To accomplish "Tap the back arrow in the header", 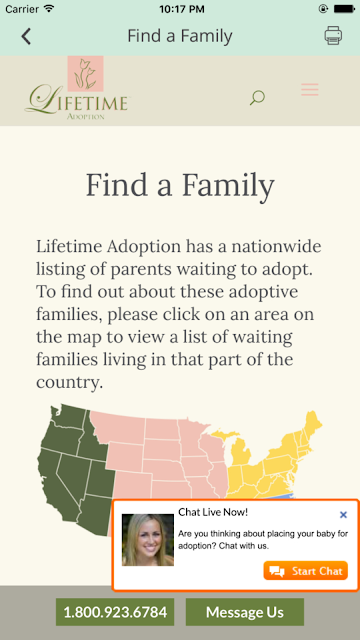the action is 26,36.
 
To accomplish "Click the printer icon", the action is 333,36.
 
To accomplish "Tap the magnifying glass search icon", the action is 257,98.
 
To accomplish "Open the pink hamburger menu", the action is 310,89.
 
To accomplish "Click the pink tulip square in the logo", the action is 85,73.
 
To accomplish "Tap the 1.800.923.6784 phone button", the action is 115,612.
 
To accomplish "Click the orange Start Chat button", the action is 305,571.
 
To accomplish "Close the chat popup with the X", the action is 343,515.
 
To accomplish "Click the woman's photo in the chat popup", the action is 148,540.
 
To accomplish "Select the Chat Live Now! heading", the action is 213,512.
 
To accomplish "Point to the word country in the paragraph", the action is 68,382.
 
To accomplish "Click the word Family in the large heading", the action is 228,186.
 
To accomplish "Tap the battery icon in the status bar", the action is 344,9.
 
